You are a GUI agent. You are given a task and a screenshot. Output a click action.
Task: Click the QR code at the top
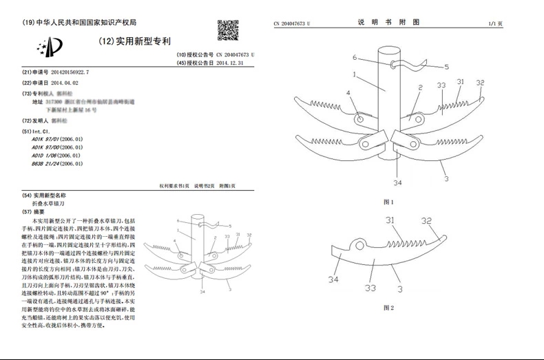coord(228,31)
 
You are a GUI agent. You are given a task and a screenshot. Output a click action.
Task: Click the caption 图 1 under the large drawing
coord(388,202)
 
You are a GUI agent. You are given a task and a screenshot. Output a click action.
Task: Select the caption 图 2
coord(388,308)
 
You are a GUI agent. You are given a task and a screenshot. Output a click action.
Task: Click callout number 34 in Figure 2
coord(333,279)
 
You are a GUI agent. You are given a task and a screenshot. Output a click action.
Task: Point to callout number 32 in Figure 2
coord(427,222)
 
